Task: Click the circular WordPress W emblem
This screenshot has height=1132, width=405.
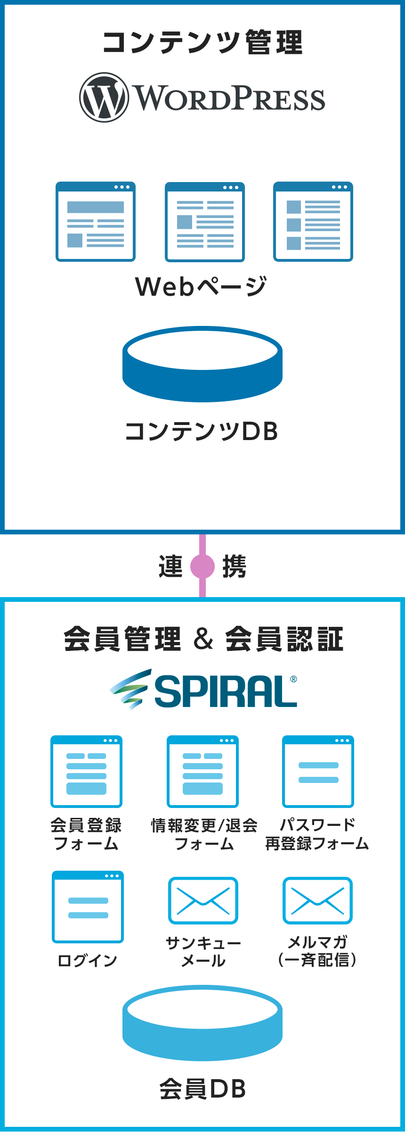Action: [104, 97]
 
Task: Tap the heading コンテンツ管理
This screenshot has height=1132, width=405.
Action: [202, 42]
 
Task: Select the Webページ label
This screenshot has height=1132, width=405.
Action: [201, 287]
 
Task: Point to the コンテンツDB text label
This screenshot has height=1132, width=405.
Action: [202, 431]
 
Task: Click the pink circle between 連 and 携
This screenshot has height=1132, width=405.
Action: [202, 566]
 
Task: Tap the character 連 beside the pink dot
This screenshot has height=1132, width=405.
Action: [170, 566]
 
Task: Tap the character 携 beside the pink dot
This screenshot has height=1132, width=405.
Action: [234, 566]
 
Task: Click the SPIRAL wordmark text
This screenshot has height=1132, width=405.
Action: [226, 691]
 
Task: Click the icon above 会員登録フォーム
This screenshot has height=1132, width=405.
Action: [87, 772]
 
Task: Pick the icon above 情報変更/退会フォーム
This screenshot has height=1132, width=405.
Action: [202, 772]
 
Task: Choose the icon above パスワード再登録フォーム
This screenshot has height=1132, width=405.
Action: [318, 772]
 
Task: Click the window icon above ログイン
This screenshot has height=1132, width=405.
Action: [88, 907]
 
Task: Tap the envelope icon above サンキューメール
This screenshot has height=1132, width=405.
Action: [203, 901]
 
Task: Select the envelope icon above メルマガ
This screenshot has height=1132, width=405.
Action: [317, 901]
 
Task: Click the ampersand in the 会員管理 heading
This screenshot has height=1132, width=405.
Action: [203, 639]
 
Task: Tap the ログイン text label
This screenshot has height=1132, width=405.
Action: [88, 960]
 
